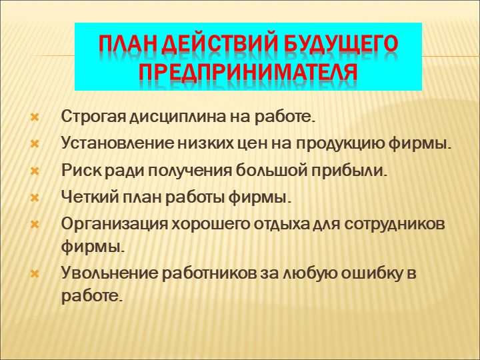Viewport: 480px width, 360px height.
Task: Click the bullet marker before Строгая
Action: (35, 117)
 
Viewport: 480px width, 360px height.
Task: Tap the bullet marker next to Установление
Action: (35, 144)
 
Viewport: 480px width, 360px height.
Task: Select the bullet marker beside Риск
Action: (35, 171)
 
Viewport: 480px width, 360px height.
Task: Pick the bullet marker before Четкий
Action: (35, 198)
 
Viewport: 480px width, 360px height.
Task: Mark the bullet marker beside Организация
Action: (35, 225)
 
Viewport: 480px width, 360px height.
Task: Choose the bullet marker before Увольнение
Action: (35, 274)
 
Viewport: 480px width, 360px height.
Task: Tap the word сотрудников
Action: (394, 225)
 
